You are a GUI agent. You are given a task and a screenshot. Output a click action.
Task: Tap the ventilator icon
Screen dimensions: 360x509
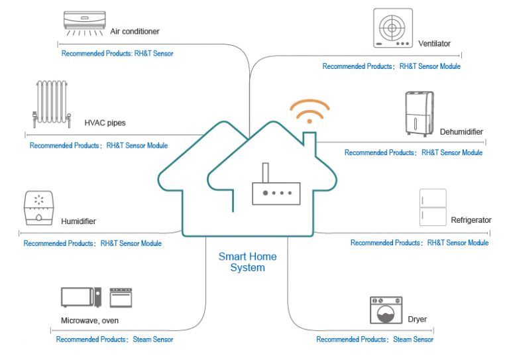click(392, 28)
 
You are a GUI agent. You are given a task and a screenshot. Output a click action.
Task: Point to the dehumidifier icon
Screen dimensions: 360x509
click(419, 114)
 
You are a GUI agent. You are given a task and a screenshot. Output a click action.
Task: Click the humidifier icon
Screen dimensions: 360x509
click(38, 208)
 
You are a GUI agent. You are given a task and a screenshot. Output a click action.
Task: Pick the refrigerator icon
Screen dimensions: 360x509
click(433, 208)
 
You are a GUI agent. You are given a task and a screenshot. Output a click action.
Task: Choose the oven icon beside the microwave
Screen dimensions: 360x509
click(121, 297)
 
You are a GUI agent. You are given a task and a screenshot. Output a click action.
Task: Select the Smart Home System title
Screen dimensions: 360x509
click(247, 262)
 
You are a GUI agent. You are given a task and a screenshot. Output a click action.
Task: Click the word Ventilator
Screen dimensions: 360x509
click(434, 44)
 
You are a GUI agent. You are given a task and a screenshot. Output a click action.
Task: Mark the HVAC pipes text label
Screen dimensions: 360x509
click(105, 123)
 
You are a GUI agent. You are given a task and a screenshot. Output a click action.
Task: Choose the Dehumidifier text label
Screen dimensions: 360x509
click(461, 132)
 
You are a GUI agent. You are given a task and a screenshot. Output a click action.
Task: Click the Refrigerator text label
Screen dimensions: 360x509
click(471, 220)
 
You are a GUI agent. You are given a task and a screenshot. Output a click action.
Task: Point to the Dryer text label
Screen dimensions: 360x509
click(418, 320)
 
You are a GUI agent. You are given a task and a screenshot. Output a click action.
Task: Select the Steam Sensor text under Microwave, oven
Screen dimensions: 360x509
click(153, 339)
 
